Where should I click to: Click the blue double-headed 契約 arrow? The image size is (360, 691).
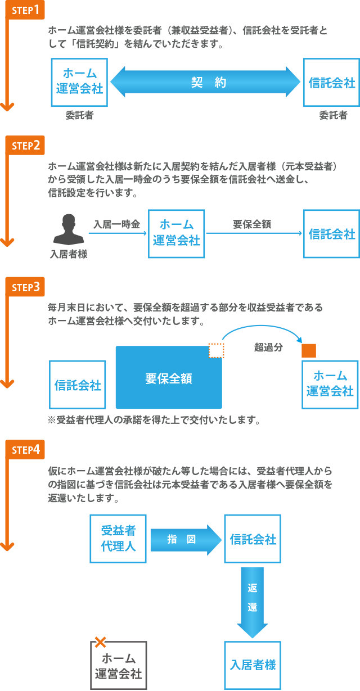(206, 83)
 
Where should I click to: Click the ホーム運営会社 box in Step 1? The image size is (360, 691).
(79, 82)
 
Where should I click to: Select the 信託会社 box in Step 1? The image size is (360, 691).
(331, 83)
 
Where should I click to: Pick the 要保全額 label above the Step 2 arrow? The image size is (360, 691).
(253, 224)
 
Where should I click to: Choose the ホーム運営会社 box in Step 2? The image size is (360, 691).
(176, 233)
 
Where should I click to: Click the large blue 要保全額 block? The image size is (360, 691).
(168, 378)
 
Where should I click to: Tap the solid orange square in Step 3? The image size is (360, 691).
(309, 351)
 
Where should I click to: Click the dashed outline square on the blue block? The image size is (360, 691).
(216, 351)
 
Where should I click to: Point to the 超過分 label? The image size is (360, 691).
(269, 347)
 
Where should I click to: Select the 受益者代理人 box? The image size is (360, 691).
(118, 538)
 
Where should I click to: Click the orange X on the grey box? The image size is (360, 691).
(100, 642)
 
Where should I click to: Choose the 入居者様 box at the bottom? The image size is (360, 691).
(253, 665)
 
